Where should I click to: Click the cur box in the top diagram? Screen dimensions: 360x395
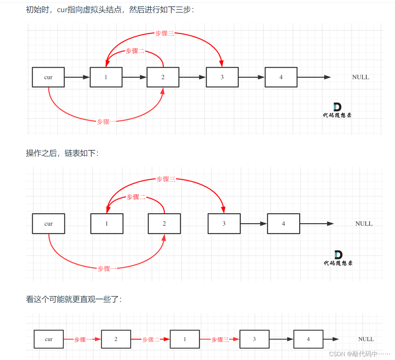(48, 77)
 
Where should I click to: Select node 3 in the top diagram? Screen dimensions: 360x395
(222, 77)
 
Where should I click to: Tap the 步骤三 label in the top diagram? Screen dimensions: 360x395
(165, 33)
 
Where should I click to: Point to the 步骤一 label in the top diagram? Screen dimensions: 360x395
(103, 122)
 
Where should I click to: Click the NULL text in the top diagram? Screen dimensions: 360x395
(361, 77)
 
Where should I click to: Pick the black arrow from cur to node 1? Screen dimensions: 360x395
(77, 77)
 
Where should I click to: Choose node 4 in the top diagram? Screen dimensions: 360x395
(281, 77)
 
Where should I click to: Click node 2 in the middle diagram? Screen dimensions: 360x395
(164, 224)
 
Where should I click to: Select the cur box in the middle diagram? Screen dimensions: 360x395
(49, 224)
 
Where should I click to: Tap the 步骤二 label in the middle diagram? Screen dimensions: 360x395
(136, 197)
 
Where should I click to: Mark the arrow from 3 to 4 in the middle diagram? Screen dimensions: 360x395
(254, 224)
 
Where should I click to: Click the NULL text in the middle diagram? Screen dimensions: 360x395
(364, 224)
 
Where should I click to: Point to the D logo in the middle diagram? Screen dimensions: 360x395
(338, 255)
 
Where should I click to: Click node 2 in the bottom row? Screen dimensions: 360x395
(116, 339)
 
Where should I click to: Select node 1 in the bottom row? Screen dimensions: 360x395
(185, 339)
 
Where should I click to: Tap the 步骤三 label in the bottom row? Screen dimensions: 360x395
(220, 339)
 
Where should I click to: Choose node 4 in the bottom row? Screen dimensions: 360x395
(308, 339)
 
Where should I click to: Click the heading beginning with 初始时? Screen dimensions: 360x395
(110, 10)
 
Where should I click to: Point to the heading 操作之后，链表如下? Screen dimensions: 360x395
(62, 153)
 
